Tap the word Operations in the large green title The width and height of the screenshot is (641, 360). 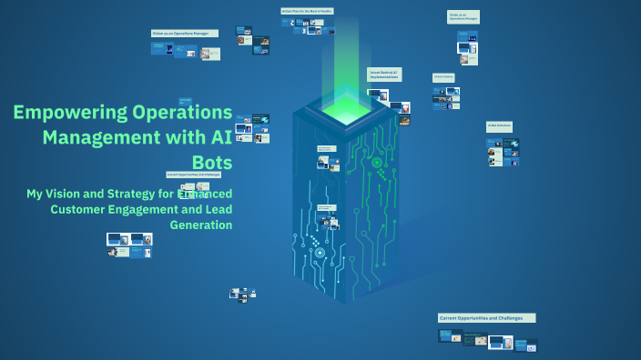tap(183, 113)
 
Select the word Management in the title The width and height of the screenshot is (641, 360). tap(100, 137)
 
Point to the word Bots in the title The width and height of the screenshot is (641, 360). tap(213, 163)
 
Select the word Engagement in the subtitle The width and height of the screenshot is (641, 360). tap(157, 209)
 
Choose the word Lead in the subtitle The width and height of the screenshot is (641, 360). tap(217, 209)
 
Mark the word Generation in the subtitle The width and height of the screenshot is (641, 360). tap(201, 225)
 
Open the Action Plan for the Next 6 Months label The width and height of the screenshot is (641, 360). tap(307, 11)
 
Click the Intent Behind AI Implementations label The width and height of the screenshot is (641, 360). tap(383, 74)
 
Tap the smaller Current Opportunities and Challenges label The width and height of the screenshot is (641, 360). tap(194, 174)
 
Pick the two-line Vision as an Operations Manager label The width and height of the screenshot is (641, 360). tap(463, 16)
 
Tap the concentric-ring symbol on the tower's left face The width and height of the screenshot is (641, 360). tap(318, 252)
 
